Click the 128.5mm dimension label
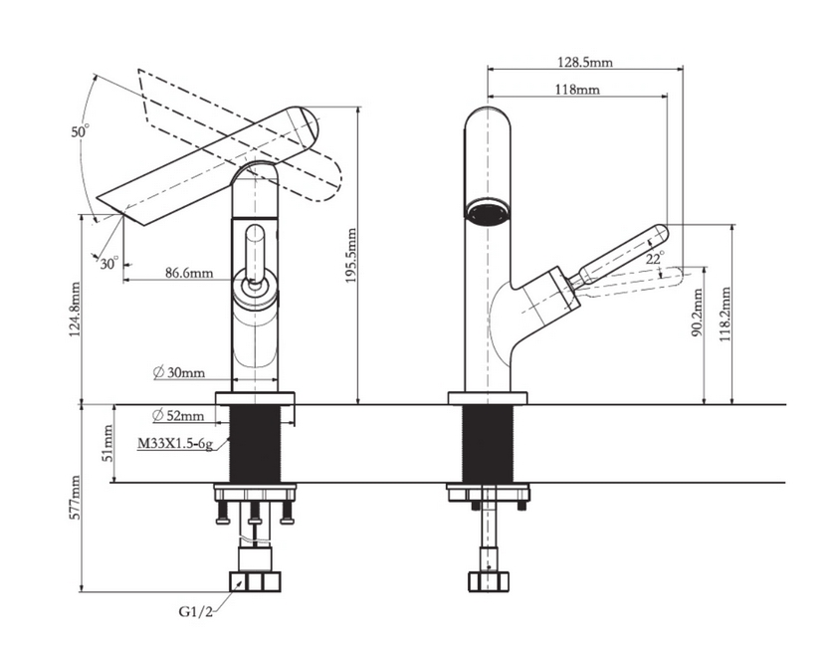(x=584, y=61)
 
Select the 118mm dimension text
(x=576, y=90)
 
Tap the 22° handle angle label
(x=654, y=257)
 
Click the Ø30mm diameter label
(x=179, y=373)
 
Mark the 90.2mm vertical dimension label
(x=698, y=314)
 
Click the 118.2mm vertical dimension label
(x=727, y=313)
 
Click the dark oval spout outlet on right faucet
(x=487, y=213)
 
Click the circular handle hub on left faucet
(x=255, y=290)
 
